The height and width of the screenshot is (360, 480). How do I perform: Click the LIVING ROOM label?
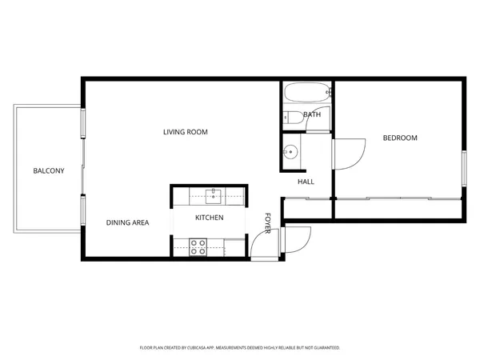(186, 132)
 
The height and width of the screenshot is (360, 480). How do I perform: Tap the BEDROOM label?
(400, 138)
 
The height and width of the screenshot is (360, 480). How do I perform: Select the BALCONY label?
(48, 171)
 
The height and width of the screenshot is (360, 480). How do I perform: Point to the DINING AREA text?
(127, 222)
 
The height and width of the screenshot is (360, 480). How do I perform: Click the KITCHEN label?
(209, 218)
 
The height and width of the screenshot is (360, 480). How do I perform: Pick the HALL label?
(306, 182)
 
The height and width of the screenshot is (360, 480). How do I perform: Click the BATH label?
(312, 115)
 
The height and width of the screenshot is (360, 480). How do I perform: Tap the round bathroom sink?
(291, 150)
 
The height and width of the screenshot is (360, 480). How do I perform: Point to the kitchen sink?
(214, 193)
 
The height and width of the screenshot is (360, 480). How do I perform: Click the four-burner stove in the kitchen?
(198, 246)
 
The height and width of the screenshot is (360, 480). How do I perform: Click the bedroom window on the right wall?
(463, 168)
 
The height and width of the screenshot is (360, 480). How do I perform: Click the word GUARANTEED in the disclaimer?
(324, 348)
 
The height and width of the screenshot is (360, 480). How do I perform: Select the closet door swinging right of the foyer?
(297, 238)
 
